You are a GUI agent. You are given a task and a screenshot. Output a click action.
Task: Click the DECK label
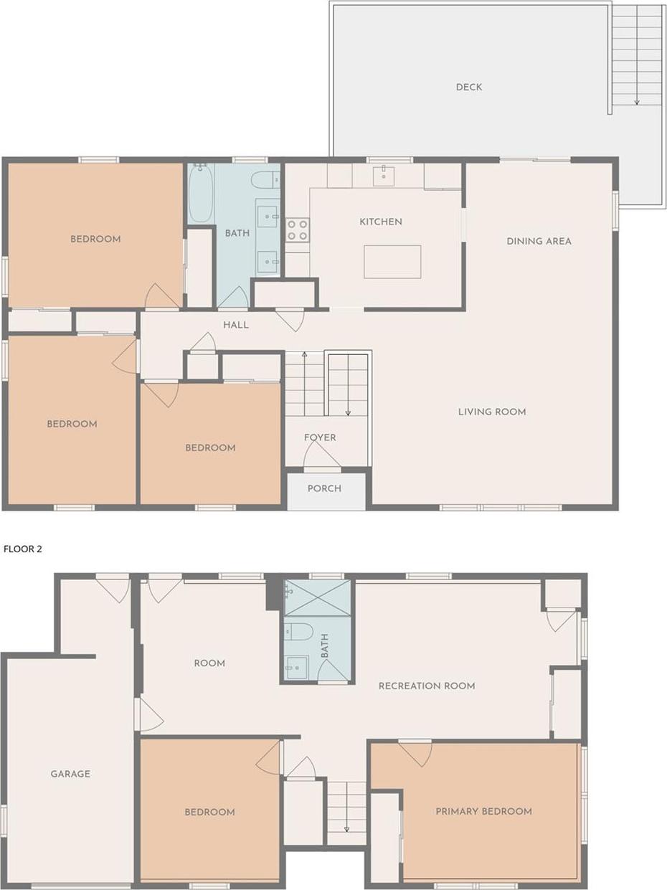click(469, 87)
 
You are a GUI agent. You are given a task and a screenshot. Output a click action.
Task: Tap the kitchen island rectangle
click(392, 262)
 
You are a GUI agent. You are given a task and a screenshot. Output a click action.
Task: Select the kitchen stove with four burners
click(297, 230)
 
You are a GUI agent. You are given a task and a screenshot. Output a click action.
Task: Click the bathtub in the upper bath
click(201, 194)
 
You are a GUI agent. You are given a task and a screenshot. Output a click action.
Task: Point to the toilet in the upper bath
click(265, 180)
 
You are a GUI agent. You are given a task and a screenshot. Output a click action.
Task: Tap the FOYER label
click(320, 437)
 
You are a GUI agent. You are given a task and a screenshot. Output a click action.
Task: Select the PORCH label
click(324, 488)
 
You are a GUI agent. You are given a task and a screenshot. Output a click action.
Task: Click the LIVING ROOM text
click(492, 412)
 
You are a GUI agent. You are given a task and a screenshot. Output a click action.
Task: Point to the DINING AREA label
click(539, 241)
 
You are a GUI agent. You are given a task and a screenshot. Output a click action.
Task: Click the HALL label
click(236, 325)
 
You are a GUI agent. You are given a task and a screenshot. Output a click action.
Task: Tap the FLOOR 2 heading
click(23, 549)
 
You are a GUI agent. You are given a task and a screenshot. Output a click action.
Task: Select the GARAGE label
click(70, 774)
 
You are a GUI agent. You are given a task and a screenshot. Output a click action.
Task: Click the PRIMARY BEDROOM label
click(483, 811)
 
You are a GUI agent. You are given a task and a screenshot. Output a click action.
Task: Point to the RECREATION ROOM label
click(427, 686)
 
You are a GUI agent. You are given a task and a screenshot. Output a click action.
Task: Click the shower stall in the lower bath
click(318, 598)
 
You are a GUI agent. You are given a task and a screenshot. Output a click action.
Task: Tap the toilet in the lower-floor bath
click(298, 632)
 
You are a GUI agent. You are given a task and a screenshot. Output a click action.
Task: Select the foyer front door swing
click(321, 456)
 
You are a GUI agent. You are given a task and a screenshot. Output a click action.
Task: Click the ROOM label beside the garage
click(209, 663)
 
